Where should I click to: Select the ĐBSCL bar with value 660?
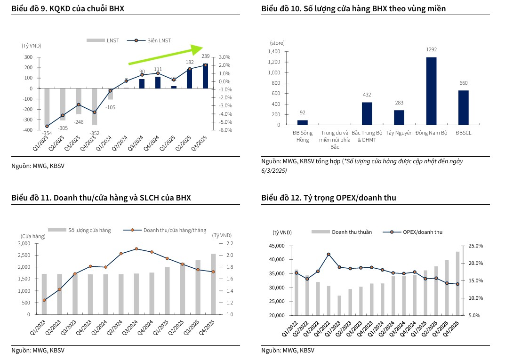tap(463, 108)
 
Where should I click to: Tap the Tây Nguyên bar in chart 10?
tap(399, 118)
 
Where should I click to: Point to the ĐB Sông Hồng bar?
tap(303, 123)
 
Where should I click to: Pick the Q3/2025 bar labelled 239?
tap(206, 76)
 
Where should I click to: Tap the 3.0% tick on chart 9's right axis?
tap(224, 57)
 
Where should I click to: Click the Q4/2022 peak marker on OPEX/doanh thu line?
tap(329, 255)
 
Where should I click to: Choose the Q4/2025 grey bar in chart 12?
tap(457, 283)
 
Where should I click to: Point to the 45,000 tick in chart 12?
tap(277, 246)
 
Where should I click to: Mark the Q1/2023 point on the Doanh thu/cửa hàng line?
tap(44, 300)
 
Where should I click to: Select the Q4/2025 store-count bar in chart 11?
tap(213, 284)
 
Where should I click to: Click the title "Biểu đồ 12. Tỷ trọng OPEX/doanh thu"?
tap(329, 198)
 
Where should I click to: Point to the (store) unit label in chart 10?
tap(277, 43)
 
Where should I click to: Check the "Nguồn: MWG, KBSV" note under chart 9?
tap(38, 166)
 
